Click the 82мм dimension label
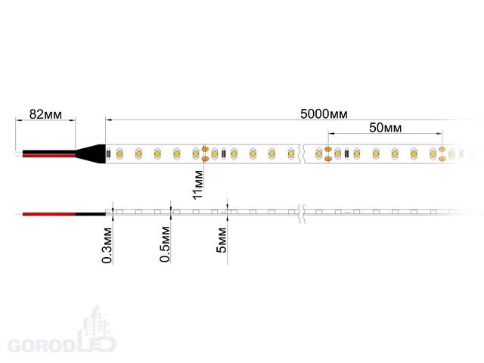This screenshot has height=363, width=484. point(45,114)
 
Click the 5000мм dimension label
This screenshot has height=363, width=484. point(324,114)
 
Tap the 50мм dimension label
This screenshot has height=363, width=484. point(386,128)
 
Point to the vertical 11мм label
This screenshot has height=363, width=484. point(198,185)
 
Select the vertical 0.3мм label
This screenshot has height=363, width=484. point(107,245)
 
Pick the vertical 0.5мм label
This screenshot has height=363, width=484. point(165,244)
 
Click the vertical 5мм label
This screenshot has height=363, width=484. point(222,240)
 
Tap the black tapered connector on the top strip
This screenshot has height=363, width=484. point(91,154)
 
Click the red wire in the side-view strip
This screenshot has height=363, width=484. point(48,214)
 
